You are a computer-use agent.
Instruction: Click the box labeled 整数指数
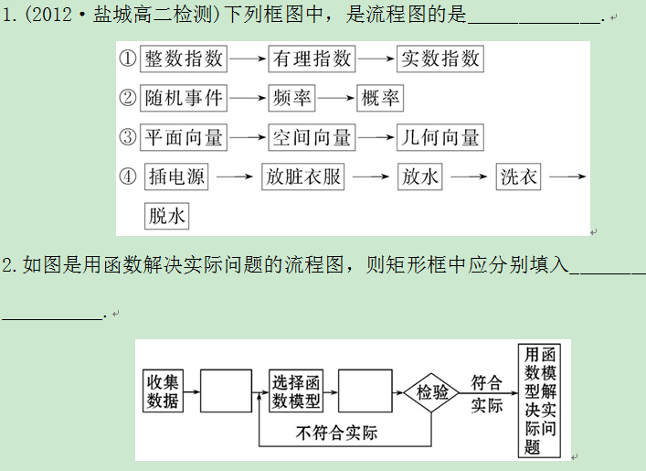(x=184, y=59)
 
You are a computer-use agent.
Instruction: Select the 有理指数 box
(x=312, y=59)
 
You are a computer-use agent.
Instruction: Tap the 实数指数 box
(x=440, y=59)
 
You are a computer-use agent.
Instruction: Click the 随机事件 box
(x=184, y=99)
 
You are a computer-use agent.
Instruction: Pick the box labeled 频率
(x=292, y=99)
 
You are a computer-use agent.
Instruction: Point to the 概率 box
(x=380, y=99)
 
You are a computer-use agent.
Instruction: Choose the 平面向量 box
(x=184, y=138)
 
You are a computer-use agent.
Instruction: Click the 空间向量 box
(x=312, y=138)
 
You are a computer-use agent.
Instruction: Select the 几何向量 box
(x=440, y=138)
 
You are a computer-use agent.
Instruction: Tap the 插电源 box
(x=177, y=177)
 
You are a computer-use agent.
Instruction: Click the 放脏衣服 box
(x=303, y=177)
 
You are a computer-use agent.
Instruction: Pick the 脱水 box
(x=166, y=216)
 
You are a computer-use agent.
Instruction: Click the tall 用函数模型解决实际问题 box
(x=540, y=399)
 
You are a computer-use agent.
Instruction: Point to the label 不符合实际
(x=337, y=433)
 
